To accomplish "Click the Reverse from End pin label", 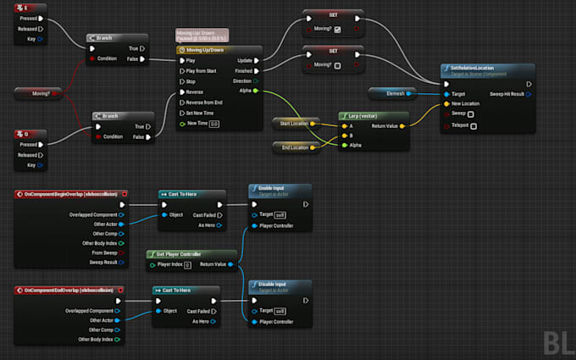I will tap(204, 102).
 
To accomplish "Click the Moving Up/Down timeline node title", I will tap(208, 50).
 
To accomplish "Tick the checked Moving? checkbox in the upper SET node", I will tap(339, 29).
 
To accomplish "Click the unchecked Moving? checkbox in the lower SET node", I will tap(339, 64).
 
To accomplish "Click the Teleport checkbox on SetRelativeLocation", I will tap(473, 126).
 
